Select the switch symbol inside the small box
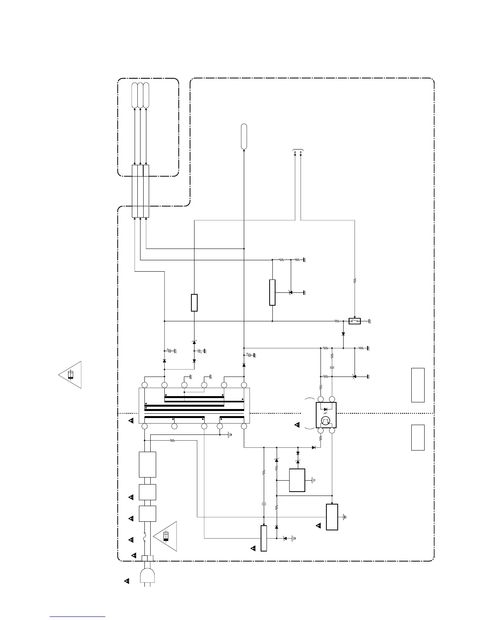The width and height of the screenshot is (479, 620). (x=354, y=321)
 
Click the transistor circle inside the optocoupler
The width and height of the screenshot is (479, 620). (x=326, y=421)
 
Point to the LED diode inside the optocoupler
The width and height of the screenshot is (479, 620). (x=326, y=409)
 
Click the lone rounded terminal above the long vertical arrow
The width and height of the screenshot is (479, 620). (x=244, y=136)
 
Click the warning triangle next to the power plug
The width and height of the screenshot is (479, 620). (x=126, y=581)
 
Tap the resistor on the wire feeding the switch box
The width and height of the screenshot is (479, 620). (x=355, y=281)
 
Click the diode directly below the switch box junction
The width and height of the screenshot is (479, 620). (x=343, y=334)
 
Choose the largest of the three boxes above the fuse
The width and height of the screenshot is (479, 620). (x=147, y=464)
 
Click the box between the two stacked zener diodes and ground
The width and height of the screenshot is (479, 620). (x=297, y=480)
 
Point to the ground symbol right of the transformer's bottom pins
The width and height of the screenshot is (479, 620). (x=230, y=434)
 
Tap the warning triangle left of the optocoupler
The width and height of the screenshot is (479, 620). (x=297, y=425)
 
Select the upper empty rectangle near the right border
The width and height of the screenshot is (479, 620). (x=418, y=385)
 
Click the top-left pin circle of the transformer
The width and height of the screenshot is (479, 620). (x=144, y=385)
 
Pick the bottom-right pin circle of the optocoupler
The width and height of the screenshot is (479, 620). (x=332, y=431)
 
